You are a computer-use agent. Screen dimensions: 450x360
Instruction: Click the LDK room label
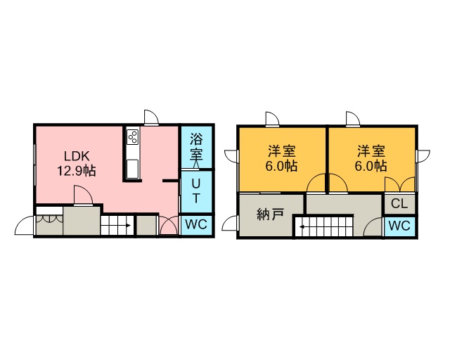pos(77,156)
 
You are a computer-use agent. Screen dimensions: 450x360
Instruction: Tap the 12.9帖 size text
pos(77,171)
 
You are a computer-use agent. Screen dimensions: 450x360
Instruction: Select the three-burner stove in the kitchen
pos(133,136)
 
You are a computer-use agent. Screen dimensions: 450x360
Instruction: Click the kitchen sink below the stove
pos(133,169)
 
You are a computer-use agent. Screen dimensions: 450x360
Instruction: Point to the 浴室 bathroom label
pos(196,147)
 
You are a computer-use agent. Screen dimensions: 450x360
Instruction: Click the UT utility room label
pos(196,191)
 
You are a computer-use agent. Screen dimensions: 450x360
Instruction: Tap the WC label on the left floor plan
pos(196,224)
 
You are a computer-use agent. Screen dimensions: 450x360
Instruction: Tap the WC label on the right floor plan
pos(399,226)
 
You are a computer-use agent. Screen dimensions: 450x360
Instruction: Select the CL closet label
pos(399,203)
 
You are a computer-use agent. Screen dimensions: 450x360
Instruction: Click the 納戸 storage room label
pos(271,214)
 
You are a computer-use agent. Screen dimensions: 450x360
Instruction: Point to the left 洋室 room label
pos(281,151)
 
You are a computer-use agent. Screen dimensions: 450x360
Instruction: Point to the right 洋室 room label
pos(371,151)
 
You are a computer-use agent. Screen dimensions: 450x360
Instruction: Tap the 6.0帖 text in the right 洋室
pos(371,166)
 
